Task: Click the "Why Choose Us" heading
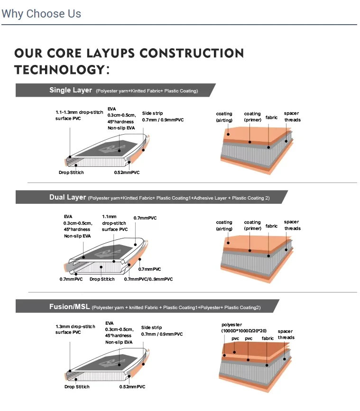coord(41,14)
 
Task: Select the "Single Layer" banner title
coord(71,90)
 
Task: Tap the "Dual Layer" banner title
coord(68,197)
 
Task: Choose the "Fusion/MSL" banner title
coord(70,307)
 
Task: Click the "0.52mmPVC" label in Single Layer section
coord(127,173)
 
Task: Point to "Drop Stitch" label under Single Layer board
coord(71,173)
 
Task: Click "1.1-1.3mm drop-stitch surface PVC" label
coord(79,115)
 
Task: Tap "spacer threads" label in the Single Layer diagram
coord(292,117)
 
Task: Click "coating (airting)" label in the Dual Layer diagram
coord(224,225)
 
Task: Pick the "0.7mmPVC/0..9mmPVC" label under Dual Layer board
coord(148,279)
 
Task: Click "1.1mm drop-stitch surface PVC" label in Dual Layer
coord(114,223)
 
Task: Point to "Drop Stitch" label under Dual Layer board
coord(102,279)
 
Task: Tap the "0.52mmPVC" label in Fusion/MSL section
coord(132,387)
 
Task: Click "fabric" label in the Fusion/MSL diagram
coord(268,338)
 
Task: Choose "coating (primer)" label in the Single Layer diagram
coord(252,117)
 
